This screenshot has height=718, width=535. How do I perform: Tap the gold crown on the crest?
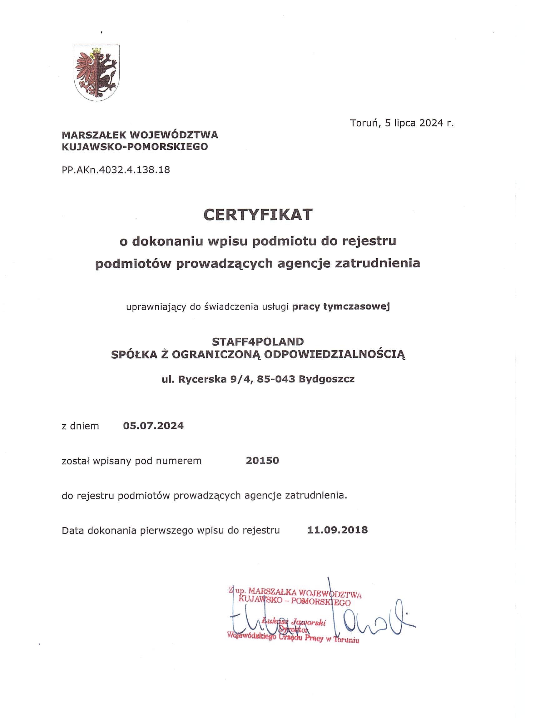pyautogui.click(x=97, y=51)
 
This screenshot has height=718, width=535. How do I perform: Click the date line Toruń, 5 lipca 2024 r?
pyautogui.click(x=402, y=123)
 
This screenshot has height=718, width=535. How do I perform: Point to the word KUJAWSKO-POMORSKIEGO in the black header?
pyautogui.click(x=135, y=147)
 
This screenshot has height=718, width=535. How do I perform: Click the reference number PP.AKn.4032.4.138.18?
pyautogui.click(x=116, y=169)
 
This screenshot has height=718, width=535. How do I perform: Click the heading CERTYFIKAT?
pyautogui.click(x=258, y=215)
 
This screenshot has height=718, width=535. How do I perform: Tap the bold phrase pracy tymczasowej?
pyautogui.click(x=341, y=306)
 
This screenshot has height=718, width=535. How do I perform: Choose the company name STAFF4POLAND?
pyautogui.click(x=258, y=341)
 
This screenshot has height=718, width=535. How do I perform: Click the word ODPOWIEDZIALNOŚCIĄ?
pyautogui.click(x=334, y=354)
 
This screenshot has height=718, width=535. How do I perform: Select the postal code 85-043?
pyautogui.click(x=276, y=379)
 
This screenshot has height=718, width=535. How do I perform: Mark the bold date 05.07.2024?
pyautogui.click(x=153, y=426)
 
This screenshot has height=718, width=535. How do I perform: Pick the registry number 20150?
pyautogui.click(x=262, y=461)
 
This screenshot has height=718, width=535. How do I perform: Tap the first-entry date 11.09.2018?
pyautogui.click(x=337, y=530)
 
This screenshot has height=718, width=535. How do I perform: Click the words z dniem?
pyautogui.click(x=80, y=426)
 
